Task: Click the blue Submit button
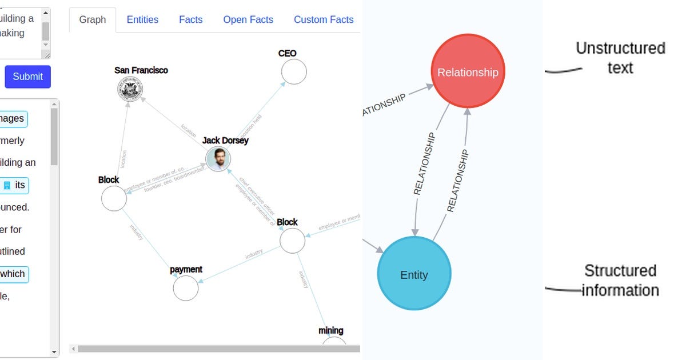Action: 27,77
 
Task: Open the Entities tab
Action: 142,19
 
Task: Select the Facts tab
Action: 190,19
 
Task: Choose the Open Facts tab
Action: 248,19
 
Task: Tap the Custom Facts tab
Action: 324,19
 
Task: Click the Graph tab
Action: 93,19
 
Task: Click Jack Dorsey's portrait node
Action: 218,159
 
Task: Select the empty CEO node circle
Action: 294,72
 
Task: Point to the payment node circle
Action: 186,288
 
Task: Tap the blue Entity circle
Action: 414,274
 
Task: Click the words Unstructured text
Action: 620,58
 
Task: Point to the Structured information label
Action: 620,280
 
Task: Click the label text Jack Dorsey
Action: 225,140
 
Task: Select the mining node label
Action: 330,330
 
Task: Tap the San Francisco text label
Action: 141,70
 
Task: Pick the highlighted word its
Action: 20,185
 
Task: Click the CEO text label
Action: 287,53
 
